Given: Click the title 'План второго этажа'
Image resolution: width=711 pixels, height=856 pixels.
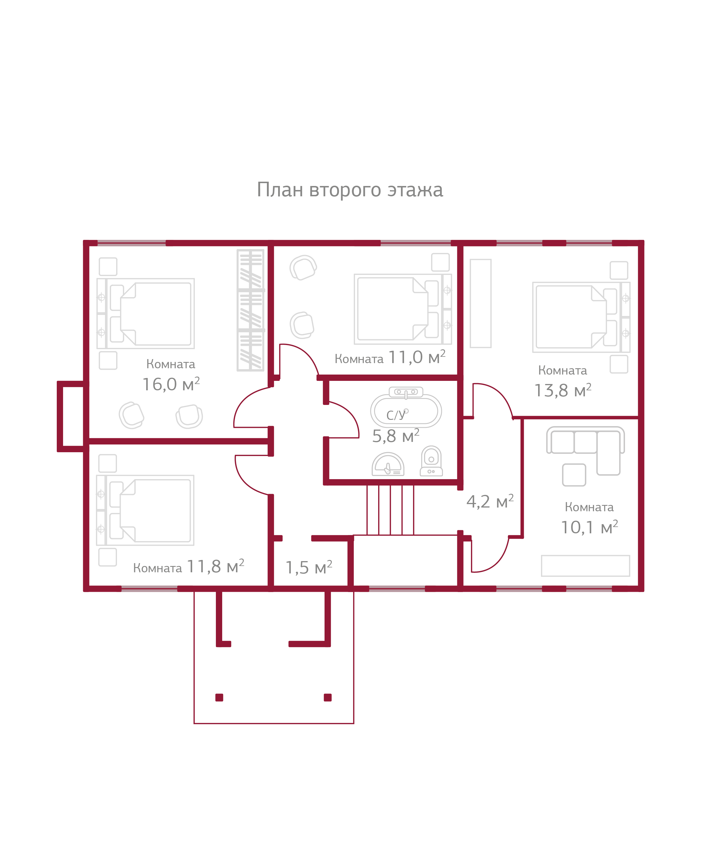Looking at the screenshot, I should tap(349, 190).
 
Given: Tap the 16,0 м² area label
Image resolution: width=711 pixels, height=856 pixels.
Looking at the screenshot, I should tap(171, 384).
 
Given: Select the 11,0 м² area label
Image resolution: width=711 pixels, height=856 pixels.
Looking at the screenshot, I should tap(417, 357).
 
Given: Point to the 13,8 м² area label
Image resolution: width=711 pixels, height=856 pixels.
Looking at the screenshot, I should tap(562, 391).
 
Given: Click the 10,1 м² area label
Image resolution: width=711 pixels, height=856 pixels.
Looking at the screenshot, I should tap(589, 528).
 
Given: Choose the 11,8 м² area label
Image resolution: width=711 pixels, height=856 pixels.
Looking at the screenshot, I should tap(215, 567).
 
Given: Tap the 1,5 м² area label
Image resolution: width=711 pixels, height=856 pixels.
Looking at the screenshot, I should tap(308, 567).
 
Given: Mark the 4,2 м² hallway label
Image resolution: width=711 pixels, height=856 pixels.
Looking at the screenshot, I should tap(490, 502).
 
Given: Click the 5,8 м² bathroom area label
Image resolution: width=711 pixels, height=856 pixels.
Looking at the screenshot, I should tap(395, 436).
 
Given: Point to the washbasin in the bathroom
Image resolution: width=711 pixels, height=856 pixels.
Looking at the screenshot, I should tap(388, 465).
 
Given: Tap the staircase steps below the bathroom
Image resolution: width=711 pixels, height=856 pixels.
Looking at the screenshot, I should tap(390, 510).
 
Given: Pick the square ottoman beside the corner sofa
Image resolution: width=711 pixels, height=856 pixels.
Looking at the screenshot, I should tap(574, 475).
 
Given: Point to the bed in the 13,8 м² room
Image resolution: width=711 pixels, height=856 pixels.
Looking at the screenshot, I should tap(581, 317).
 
